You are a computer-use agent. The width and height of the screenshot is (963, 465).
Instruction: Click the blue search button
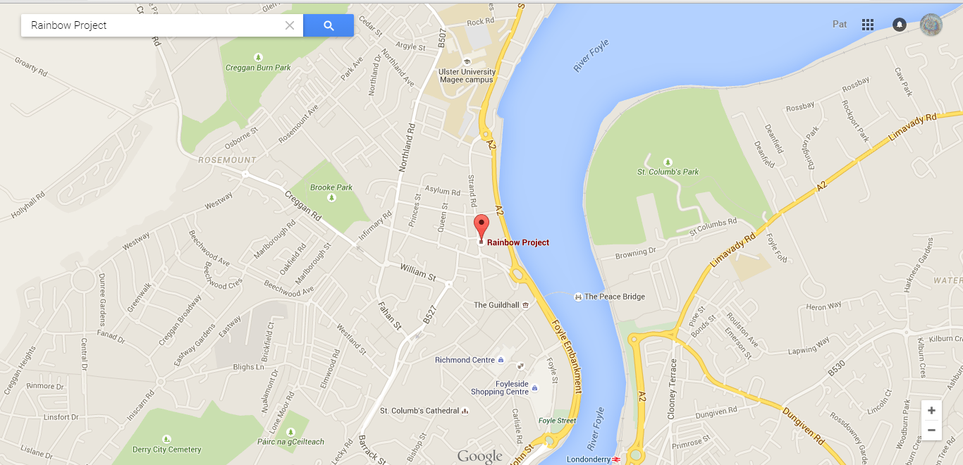click(329, 25)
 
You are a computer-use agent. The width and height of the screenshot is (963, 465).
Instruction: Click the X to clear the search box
click(290, 25)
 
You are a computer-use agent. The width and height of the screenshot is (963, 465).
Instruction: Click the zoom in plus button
click(931, 411)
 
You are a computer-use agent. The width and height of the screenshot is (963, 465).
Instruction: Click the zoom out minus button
click(931, 430)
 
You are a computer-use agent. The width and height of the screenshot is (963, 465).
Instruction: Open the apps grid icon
click(868, 25)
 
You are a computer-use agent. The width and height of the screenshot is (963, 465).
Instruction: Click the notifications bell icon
click(899, 25)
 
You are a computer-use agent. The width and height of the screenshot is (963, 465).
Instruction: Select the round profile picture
click(931, 25)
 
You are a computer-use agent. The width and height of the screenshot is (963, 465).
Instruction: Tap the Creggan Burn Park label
click(258, 68)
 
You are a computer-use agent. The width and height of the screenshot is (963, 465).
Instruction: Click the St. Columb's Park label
click(668, 172)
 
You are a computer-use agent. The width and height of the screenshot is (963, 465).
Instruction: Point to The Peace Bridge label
click(614, 297)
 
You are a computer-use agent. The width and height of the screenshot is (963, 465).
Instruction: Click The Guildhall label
click(496, 305)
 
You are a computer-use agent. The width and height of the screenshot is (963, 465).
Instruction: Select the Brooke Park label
click(331, 187)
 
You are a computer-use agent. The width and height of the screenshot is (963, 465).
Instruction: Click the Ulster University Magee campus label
click(467, 75)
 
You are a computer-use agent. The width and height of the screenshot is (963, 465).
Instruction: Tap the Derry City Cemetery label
click(167, 449)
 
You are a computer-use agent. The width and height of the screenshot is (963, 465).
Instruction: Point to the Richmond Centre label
click(465, 360)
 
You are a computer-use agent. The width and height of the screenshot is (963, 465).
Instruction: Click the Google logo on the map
click(479, 456)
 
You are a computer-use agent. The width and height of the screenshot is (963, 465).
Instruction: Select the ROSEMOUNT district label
click(227, 160)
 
